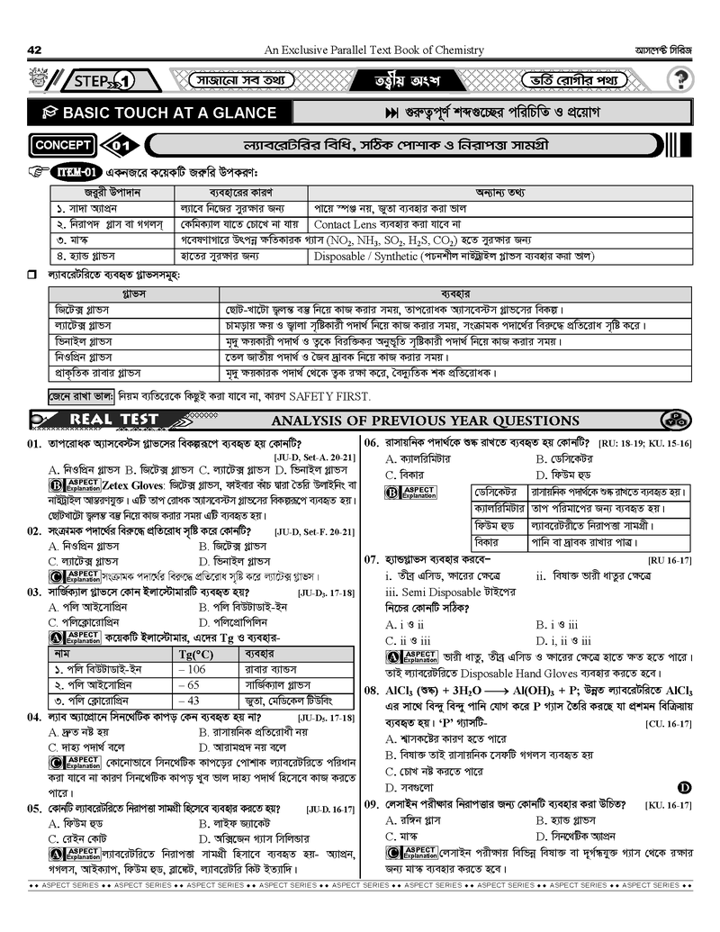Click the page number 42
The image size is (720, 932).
click(x=35, y=50)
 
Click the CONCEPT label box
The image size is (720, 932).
click(x=63, y=145)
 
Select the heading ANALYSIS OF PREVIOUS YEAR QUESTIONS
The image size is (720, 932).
click(x=426, y=421)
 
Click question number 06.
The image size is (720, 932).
click(x=372, y=442)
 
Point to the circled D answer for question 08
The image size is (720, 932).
click(x=683, y=787)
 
